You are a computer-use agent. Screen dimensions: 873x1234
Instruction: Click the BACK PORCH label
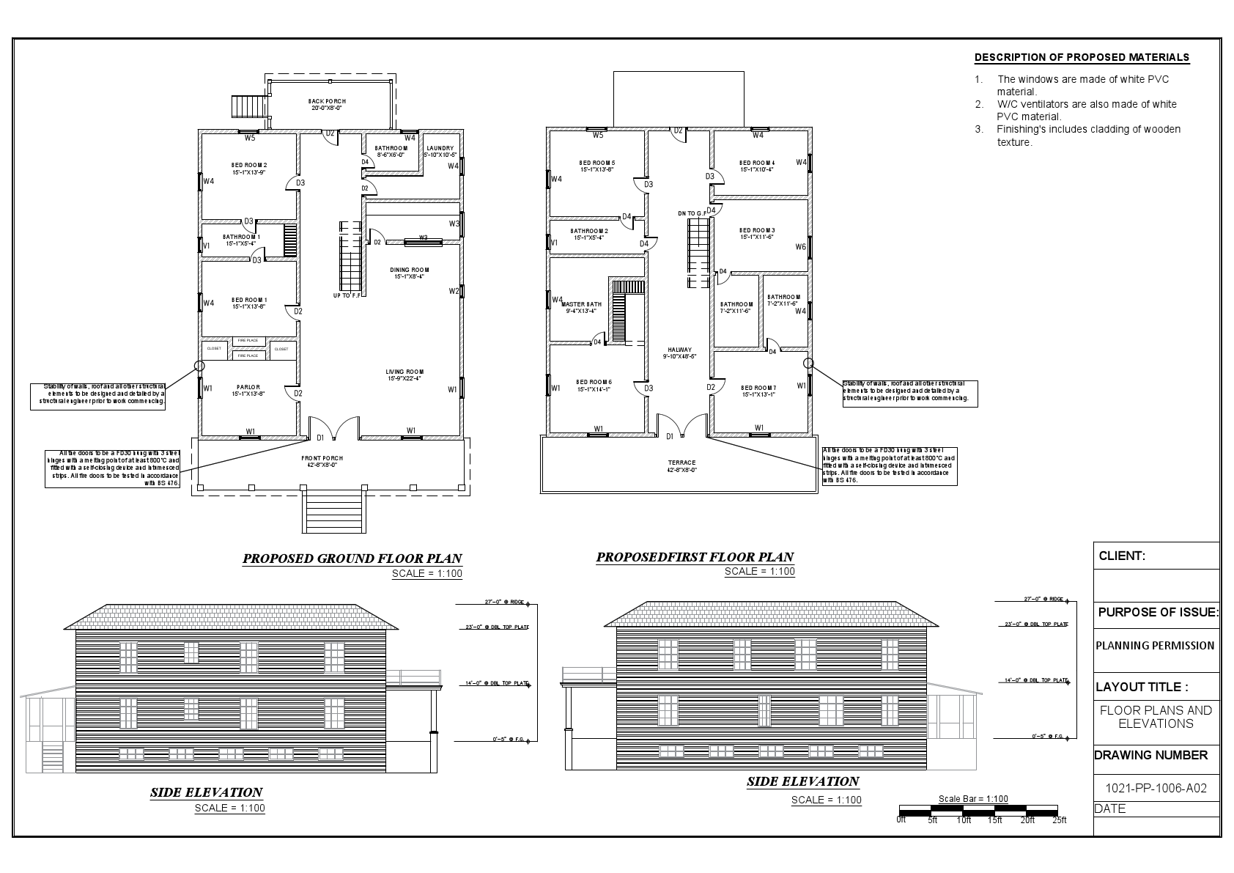tap(326, 101)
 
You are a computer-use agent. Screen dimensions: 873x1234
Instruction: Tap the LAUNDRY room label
tap(440, 149)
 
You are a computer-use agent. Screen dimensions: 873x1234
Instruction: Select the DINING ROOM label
tap(410, 270)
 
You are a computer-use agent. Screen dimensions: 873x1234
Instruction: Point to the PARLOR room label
tap(248, 387)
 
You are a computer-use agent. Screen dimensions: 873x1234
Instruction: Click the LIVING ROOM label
tap(405, 372)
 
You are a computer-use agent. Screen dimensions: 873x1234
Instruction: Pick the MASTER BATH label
tap(581, 304)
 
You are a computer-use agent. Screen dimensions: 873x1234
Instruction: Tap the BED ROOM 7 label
tap(758, 388)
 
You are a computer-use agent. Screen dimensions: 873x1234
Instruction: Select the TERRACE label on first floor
tap(681, 463)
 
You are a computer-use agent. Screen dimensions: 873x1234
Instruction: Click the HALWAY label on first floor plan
tap(679, 350)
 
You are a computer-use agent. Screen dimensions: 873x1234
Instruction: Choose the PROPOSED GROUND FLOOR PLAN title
tap(352, 559)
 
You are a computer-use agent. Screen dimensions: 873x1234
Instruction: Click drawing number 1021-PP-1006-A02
tap(1156, 789)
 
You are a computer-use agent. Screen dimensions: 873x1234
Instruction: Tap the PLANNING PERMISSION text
tap(1155, 646)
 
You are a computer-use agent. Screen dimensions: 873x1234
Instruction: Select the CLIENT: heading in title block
tap(1122, 556)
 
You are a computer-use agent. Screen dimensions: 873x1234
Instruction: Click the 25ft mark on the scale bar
tap(1059, 819)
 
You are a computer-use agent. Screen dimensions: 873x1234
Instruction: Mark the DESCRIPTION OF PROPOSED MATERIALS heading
tap(1082, 58)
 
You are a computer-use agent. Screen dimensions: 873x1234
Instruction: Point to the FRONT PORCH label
tap(322, 458)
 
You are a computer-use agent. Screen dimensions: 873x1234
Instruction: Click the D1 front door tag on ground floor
tap(320, 438)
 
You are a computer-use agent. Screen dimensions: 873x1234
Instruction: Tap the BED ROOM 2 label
tap(248, 165)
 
